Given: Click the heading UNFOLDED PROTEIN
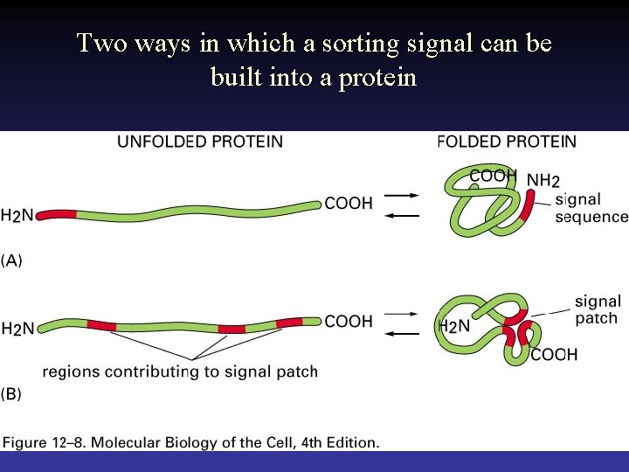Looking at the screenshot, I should pyautogui.click(x=200, y=142).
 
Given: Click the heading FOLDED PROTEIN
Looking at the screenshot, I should pyautogui.click(x=507, y=142).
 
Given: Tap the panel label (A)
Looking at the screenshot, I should pyautogui.click(x=12, y=260).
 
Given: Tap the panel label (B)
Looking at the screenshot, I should pyautogui.click(x=12, y=394).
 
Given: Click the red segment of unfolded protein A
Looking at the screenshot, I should pyautogui.click(x=56, y=213).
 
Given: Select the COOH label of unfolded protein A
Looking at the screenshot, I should pyautogui.click(x=349, y=204).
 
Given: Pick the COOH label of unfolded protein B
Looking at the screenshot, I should pyautogui.click(x=349, y=322).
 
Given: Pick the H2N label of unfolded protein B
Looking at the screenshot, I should pyautogui.click(x=18, y=330).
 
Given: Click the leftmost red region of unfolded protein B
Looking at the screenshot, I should pyautogui.click(x=101, y=325).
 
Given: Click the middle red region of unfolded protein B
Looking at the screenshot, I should pyautogui.click(x=232, y=329).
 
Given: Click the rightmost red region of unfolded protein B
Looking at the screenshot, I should pyautogui.click(x=289, y=323).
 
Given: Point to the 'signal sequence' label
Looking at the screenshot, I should pyautogui.click(x=591, y=208).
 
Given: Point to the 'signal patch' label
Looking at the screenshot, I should pyautogui.click(x=598, y=310).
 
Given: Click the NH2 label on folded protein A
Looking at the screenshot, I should pyautogui.click(x=543, y=181).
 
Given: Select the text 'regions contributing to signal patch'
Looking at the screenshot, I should pyautogui.click(x=180, y=372).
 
